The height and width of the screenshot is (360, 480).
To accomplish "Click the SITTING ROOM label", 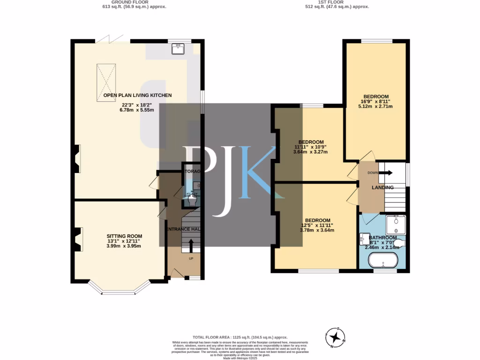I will (x=124, y=236).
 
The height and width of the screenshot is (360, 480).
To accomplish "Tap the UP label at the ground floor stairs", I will (x=191, y=258).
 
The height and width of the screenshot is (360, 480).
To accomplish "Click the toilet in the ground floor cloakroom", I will (x=192, y=200).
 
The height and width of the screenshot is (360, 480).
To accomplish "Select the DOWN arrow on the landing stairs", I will (x=385, y=172).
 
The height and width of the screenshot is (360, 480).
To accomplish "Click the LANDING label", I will (x=382, y=187).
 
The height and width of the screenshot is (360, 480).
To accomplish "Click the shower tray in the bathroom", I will (x=396, y=225).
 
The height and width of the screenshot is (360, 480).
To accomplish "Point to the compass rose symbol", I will (x=335, y=337).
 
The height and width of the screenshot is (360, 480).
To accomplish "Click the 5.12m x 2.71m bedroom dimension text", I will (x=375, y=106).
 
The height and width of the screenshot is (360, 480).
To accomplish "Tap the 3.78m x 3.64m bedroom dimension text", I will (x=317, y=230).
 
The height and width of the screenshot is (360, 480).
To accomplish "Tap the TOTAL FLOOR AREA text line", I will (x=240, y=337).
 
